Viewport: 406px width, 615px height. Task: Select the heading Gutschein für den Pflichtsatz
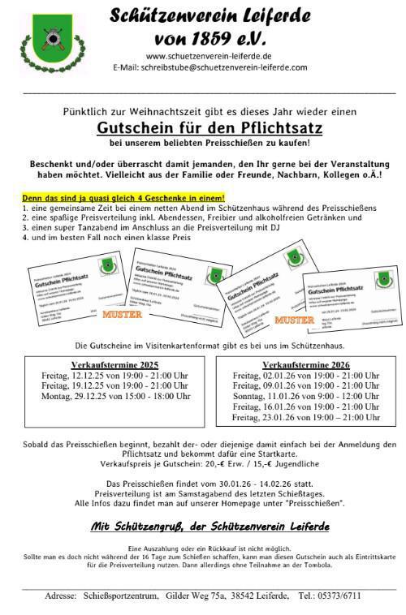(209, 127)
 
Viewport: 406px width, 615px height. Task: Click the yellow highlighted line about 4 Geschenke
(123, 198)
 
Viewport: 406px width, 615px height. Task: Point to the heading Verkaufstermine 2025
(114, 365)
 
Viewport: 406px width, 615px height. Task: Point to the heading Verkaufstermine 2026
(306, 365)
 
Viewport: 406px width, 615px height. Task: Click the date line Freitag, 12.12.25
(114, 376)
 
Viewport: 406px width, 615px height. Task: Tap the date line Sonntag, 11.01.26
(306, 396)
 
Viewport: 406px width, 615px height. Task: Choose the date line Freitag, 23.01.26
(306, 417)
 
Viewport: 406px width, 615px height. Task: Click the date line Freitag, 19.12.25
(114, 386)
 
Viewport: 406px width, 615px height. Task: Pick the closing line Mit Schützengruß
(209, 527)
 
